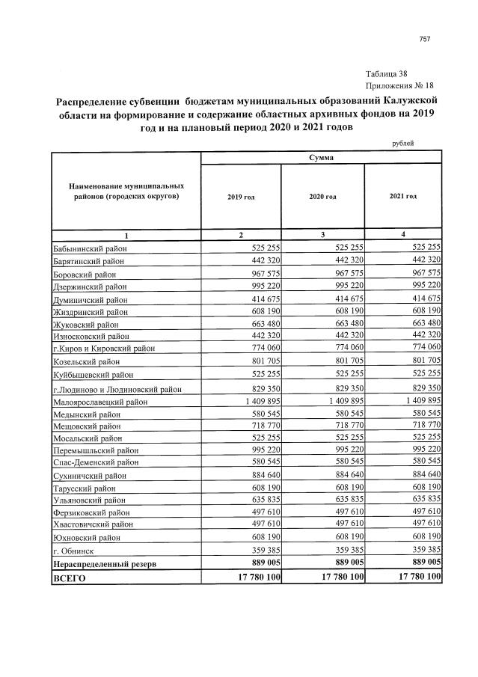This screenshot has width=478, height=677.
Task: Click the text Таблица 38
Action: pos(387,73)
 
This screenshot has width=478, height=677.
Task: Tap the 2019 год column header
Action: pos(240,196)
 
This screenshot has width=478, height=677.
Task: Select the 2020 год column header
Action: pos(322,196)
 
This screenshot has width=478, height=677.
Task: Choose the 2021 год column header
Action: pos(402,196)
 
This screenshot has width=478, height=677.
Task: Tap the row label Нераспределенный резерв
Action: pos(105,563)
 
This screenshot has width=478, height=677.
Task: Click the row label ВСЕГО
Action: pos(71,578)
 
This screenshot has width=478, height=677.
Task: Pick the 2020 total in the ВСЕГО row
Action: pos(332,577)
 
